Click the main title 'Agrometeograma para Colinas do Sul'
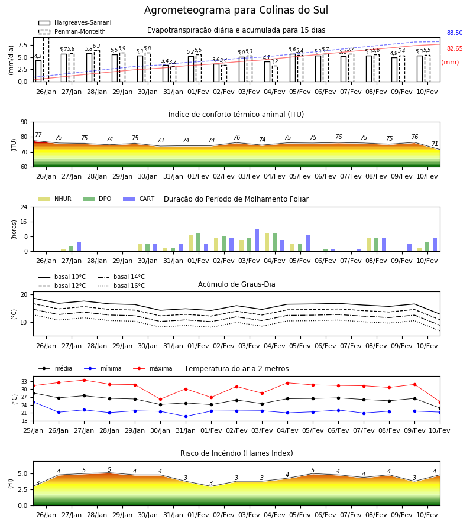pyautogui.click(x=236, y=10)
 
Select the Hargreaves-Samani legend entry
pyautogui.click(x=75, y=22)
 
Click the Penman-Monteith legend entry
pyautogui.click(x=72, y=31)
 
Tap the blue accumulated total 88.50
pyautogui.click(x=455, y=33)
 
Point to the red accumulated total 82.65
pyautogui.click(x=455, y=48)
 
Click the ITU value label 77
pyautogui.click(x=38, y=135)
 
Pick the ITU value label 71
pyautogui.click(x=435, y=144)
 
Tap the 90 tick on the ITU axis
pyautogui.click(x=24, y=122)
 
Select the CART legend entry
pyautogui.click(x=139, y=199)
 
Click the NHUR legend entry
pyautogui.click(x=55, y=199)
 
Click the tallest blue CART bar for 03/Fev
pyautogui.click(x=257, y=240)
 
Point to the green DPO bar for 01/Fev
pyautogui.click(x=198, y=242)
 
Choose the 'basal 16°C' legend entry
pyautogui.click(x=121, y=286)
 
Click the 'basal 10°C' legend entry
pyautogui.click(x=62, y=277)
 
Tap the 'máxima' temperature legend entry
pyautogui.click(x=153, y=368)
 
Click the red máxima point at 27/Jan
pyautogui.click(x=84, y=380)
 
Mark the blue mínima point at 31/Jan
pyautogui.click(x=186, y=416)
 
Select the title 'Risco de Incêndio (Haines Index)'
pyautogui.click(x=237, y=453)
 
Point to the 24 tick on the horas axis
pyautogui.click(x=24, y=207)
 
